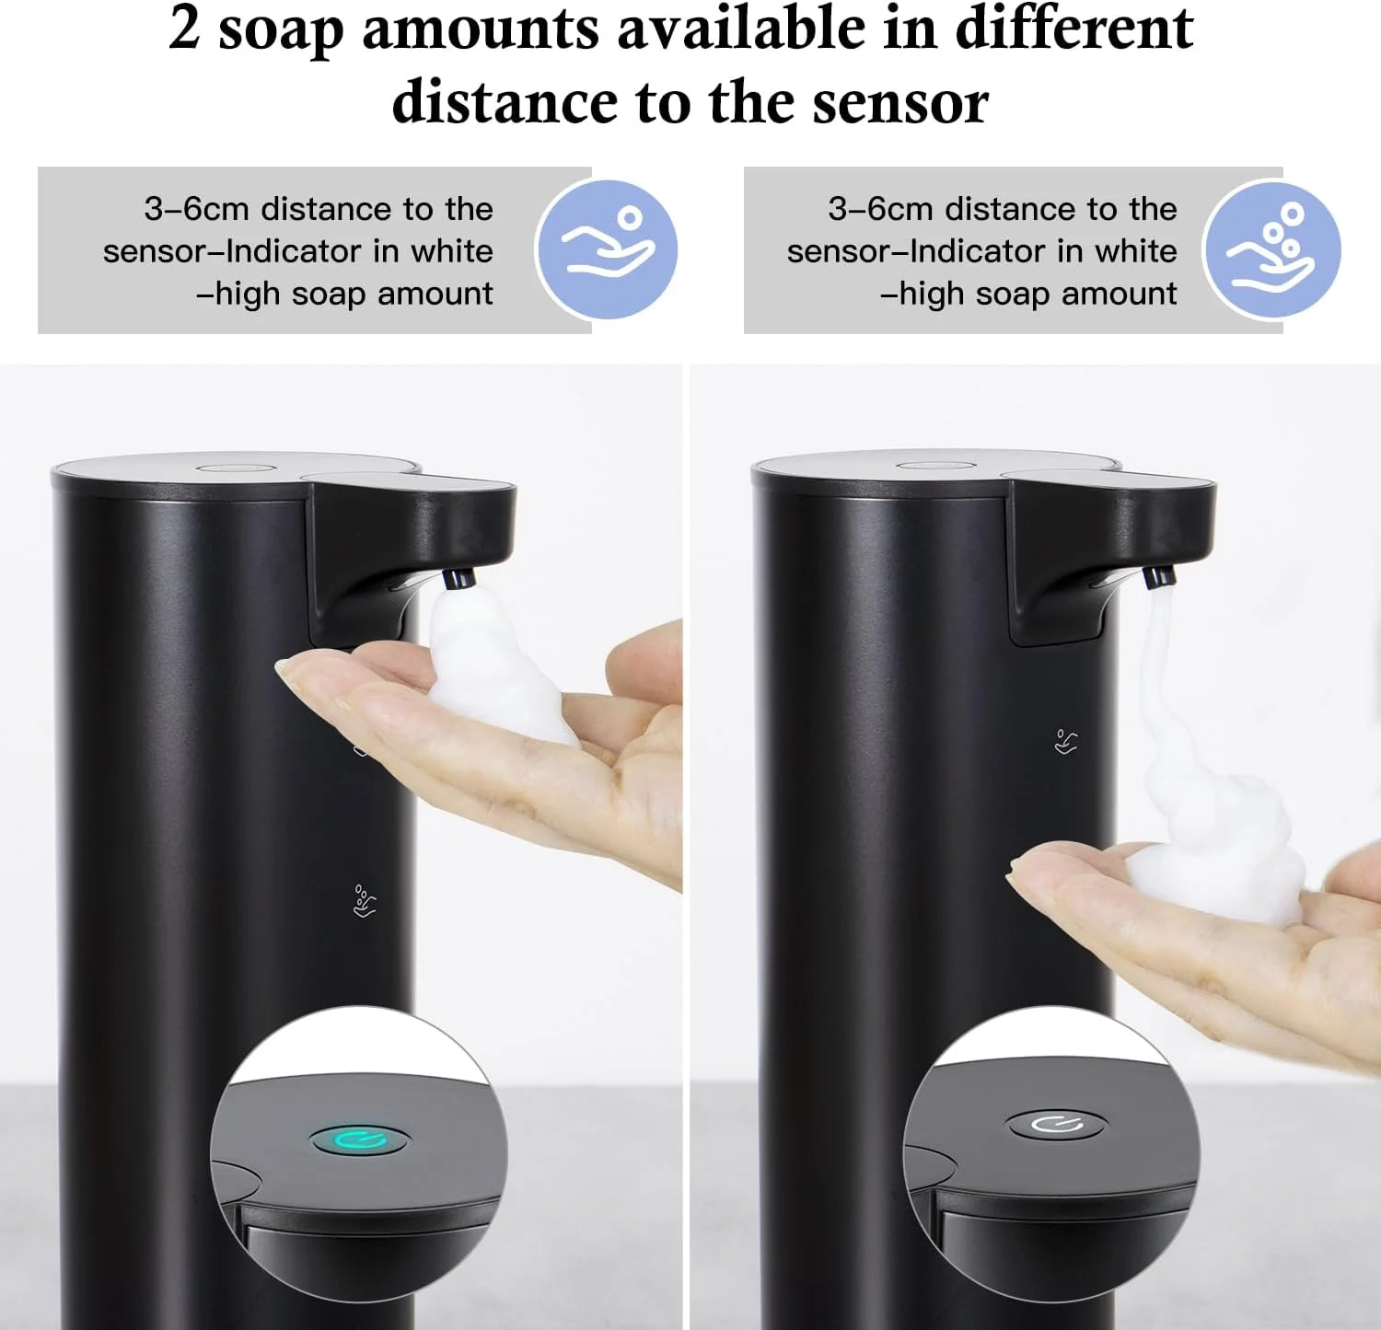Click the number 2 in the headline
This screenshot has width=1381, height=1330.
coord(184,28)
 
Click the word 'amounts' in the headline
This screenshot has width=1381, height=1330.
coord(481,28)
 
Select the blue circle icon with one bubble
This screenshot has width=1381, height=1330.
coord(607,249)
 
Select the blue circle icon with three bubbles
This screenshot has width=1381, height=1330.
coord(1271,249)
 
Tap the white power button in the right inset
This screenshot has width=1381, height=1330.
coord(1056,1124)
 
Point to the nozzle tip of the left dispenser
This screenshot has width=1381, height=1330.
coord(458,579)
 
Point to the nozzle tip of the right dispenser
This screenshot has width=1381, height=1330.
coord(1159,576)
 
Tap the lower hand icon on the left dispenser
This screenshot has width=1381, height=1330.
coord(365,901)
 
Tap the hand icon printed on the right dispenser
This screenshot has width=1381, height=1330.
coord(1066,741)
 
